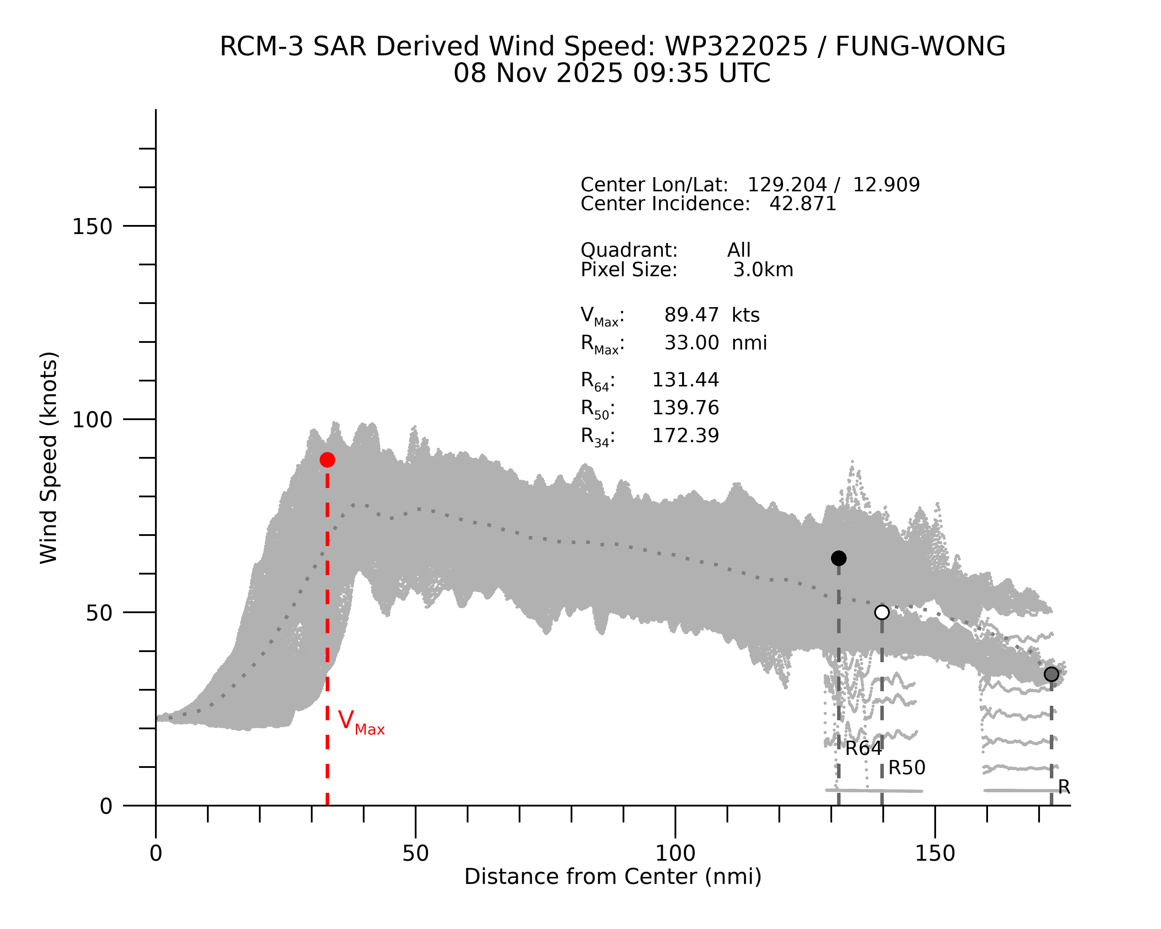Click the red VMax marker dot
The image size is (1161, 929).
327,460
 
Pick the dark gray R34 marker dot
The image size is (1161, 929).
1051,674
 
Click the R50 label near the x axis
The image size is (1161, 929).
907,768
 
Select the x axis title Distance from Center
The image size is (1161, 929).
613,877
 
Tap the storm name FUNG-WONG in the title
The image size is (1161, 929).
920,46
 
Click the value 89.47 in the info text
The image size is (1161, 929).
691,315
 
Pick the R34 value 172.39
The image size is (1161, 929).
686,436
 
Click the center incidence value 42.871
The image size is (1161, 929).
803,204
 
